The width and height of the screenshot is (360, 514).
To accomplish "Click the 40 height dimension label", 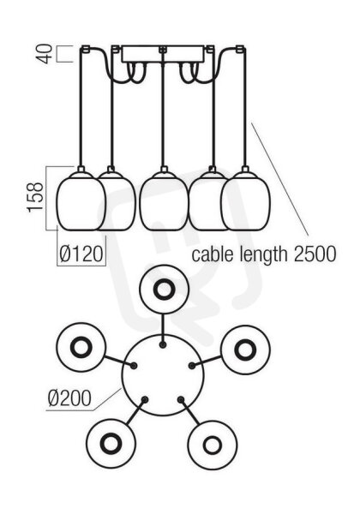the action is tap(45, 54).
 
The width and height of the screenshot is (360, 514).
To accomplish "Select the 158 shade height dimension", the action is tap(36, 197).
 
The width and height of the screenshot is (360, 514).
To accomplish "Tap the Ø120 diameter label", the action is tap(81, 254).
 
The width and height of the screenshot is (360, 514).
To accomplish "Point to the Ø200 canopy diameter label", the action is tap(69, 398).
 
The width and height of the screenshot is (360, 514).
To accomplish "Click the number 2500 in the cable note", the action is tap(315, 254).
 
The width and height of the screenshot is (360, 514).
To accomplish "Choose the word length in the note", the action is tap(263, 255).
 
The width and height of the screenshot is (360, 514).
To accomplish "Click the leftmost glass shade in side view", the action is tap(81, 200).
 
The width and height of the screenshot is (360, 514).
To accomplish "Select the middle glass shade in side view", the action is tap(164, 200).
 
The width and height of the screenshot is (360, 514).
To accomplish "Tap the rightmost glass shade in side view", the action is tap(246, 200).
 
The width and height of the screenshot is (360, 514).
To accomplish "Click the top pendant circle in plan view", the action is tap(164, 290).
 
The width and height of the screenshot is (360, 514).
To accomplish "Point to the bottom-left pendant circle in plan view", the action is tap(111, 444).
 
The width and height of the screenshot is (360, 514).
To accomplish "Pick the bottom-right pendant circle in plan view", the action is tap(213, 445).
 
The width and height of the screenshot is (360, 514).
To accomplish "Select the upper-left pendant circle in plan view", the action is tap(81, 347).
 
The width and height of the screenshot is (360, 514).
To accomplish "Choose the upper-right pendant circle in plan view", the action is tap(245, 350).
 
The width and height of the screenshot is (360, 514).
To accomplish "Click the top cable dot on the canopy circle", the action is tap(162, 344).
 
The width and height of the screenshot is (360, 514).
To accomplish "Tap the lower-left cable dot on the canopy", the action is tap(145, 399).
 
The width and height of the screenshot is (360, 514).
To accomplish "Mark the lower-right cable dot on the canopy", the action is tap(181, 399).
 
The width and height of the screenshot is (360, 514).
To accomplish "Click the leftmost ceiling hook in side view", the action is tap(85, 49).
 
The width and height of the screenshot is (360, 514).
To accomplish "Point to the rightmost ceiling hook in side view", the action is tap(241, 49).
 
